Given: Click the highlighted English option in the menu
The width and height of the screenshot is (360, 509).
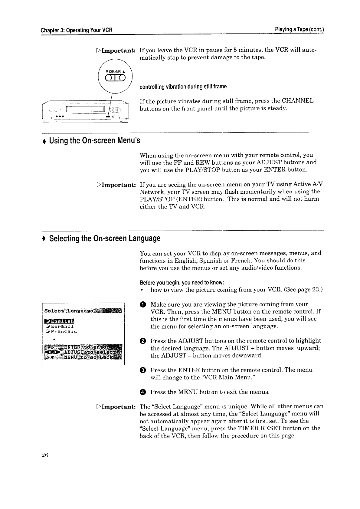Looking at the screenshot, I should coord(60,321).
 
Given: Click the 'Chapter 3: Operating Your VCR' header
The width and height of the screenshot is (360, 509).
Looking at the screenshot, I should coord(77,30).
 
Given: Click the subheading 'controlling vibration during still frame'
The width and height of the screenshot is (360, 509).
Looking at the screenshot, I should coord(183,87).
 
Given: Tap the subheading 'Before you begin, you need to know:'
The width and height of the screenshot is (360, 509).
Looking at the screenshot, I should coord(182,283).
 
